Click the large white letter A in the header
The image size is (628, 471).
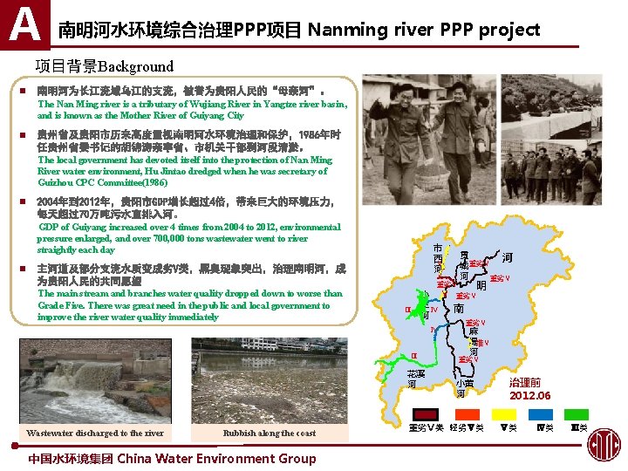tap(24, 24)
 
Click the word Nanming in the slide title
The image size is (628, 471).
tap(348, 30)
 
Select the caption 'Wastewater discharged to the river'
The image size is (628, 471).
tap(95, 433)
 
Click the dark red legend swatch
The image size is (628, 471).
tap(425, 414)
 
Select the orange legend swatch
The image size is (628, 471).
tap(464, 414)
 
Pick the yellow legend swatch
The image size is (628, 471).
tap(504, 414)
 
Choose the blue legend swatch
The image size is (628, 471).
tap(543, 414)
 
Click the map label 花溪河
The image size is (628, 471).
tap(417, 379)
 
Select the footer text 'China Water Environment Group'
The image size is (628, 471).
tap(216, 458)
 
